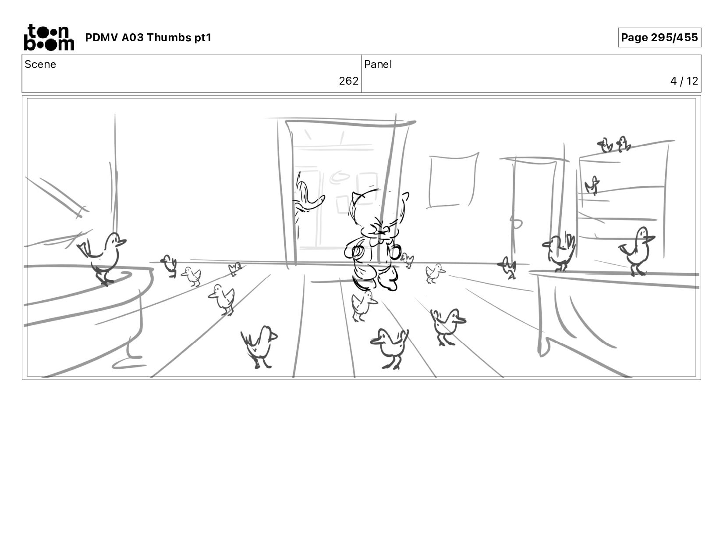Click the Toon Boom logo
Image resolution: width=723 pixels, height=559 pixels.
[49, 37]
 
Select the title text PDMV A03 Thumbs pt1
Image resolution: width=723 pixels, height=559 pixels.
[148, 37]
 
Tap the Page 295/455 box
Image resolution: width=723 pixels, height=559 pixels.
[659, 37]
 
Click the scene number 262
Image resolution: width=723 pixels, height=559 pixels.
[348, 81]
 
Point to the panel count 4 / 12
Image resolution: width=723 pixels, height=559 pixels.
[684, 81]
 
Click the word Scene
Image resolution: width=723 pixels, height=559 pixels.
[40, 64]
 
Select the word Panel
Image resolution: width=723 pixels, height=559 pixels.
[378, 64]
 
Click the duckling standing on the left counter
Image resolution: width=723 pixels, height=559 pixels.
[103, 258]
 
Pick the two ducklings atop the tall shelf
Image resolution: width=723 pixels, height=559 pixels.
[614, 145]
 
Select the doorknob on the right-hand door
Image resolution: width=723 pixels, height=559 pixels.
[516, 224]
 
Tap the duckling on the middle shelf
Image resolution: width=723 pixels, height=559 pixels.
[592, 185]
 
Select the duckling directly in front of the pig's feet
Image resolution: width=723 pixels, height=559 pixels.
[363, 305]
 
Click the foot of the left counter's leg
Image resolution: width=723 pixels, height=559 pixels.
[128, 364]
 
